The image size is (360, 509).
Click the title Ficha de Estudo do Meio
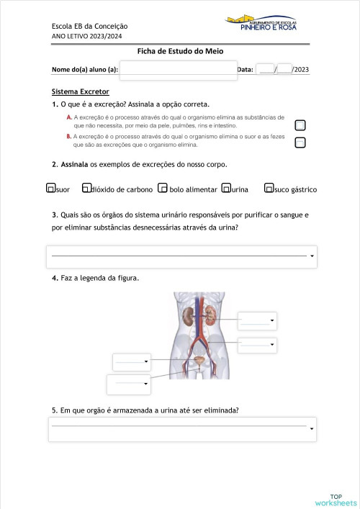pyautogui.click(x=181, y=51)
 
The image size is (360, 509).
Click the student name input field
pyautogui.click(x=178, y=70)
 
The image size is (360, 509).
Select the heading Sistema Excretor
pyautogui.click(x=80, y=92)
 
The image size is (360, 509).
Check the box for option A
pyautogui.click(x=300, y=125)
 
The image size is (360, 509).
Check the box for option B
pyautogui.click(x=300, y=142)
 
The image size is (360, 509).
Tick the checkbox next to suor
pyautogui.click(x=50, y=189)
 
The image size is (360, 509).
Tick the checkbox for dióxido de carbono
pyautogui.click(x=86, y=189)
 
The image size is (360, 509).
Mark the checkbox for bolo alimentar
pyautogui.click(x=163, y=189)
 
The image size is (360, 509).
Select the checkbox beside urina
pyautogui.click(x=226, y=189)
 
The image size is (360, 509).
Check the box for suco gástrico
pyautogui.click(x=269, y=189)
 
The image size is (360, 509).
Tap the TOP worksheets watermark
pyautogui.click(x=336, y=500)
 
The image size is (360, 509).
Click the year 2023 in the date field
pyautogui.click(x=301, y=70)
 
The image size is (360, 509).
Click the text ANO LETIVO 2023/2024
pyautogui.click(x=87, y=36)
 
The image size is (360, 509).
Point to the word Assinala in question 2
pyautogui.click(x=74, y=164)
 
